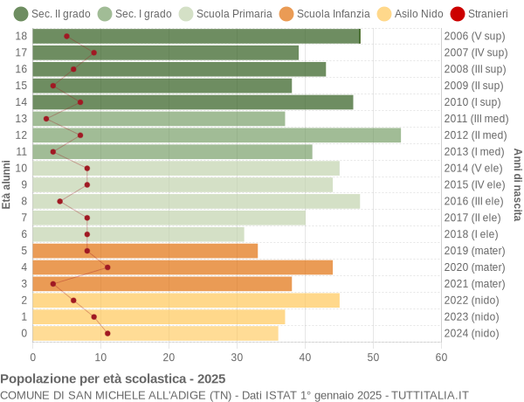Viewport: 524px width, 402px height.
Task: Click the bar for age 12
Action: click(x=217, y=135)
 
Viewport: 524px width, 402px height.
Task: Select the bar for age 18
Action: click(x=196, y=36)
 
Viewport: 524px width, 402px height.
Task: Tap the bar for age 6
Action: click(x=139, y=234)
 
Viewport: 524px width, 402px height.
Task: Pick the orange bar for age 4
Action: click(x=183, y=267)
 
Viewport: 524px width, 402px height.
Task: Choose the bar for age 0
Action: click(x=155, y=333)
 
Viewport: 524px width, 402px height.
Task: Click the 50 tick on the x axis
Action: click(x=374, y=357)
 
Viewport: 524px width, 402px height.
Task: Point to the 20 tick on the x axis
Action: click(x=169, y=357)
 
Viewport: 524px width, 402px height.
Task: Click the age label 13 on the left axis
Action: click(x=21, y=118)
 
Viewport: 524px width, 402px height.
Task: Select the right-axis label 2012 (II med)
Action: click(x=475, y=135)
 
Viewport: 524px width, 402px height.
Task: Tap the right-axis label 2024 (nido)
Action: click(x=472, y=333)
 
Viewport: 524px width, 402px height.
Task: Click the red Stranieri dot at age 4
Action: click(x=107, y=267)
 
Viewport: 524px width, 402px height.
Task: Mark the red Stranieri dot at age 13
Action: click(x=46, y=118)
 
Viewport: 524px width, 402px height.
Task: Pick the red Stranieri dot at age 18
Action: click(x=66, y=36)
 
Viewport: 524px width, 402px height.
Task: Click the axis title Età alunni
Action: click(x=7, y=184)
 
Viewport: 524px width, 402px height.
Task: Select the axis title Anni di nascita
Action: click(x=517, y=184)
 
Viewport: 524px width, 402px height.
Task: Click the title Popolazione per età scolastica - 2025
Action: click(x=113, y=379)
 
